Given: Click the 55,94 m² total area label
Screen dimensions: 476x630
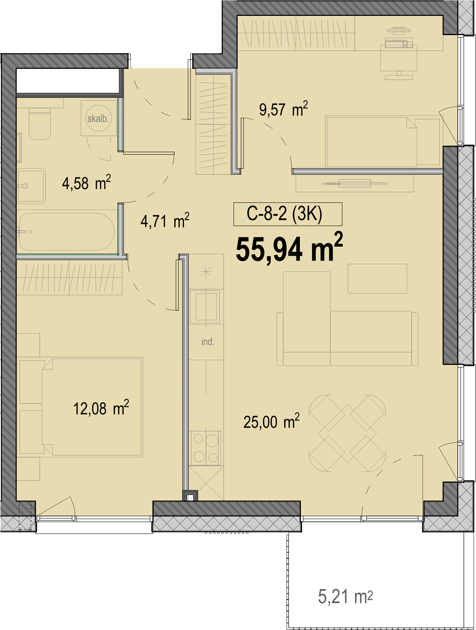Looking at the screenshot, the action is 289,248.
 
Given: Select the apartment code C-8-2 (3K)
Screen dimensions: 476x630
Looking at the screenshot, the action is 284,214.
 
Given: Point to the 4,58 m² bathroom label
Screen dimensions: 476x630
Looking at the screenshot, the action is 86,183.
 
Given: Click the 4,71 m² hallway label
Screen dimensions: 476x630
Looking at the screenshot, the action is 165,220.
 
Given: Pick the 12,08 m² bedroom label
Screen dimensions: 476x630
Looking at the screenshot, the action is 101,408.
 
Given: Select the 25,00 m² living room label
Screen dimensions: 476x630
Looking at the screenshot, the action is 271,421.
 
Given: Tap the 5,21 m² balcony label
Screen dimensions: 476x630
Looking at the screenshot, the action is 345,597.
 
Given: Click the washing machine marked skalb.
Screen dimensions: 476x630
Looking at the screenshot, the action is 99,118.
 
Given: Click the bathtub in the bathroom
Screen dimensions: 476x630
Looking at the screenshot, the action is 67,232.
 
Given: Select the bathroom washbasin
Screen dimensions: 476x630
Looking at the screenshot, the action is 31,186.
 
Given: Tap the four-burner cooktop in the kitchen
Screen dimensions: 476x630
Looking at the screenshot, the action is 206,448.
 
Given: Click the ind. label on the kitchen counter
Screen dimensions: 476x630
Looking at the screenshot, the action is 208,342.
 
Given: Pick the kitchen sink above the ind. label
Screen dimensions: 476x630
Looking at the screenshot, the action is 206,307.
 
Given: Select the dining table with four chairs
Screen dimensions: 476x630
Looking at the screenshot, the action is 347,433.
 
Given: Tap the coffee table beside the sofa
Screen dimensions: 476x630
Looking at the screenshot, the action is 377,279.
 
